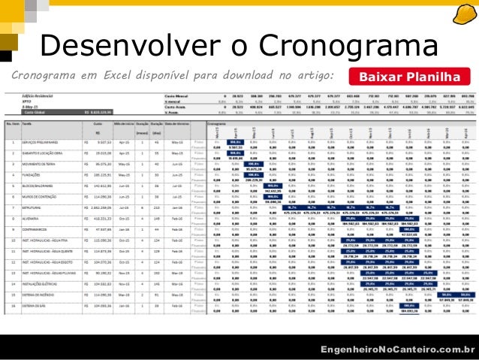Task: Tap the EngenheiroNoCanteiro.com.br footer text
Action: tap(397, 349)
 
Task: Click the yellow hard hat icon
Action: tap(461, 17)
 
